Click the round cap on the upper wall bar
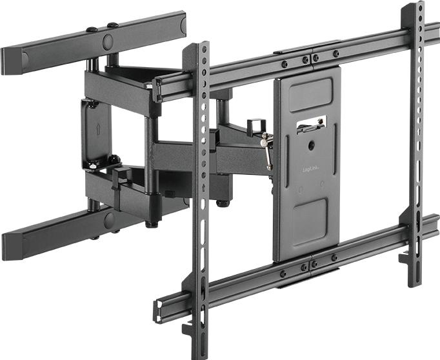coord(107,43)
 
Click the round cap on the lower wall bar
coord(110,221)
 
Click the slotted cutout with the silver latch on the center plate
coord(312,125)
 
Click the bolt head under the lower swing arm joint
coord(223,203)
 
